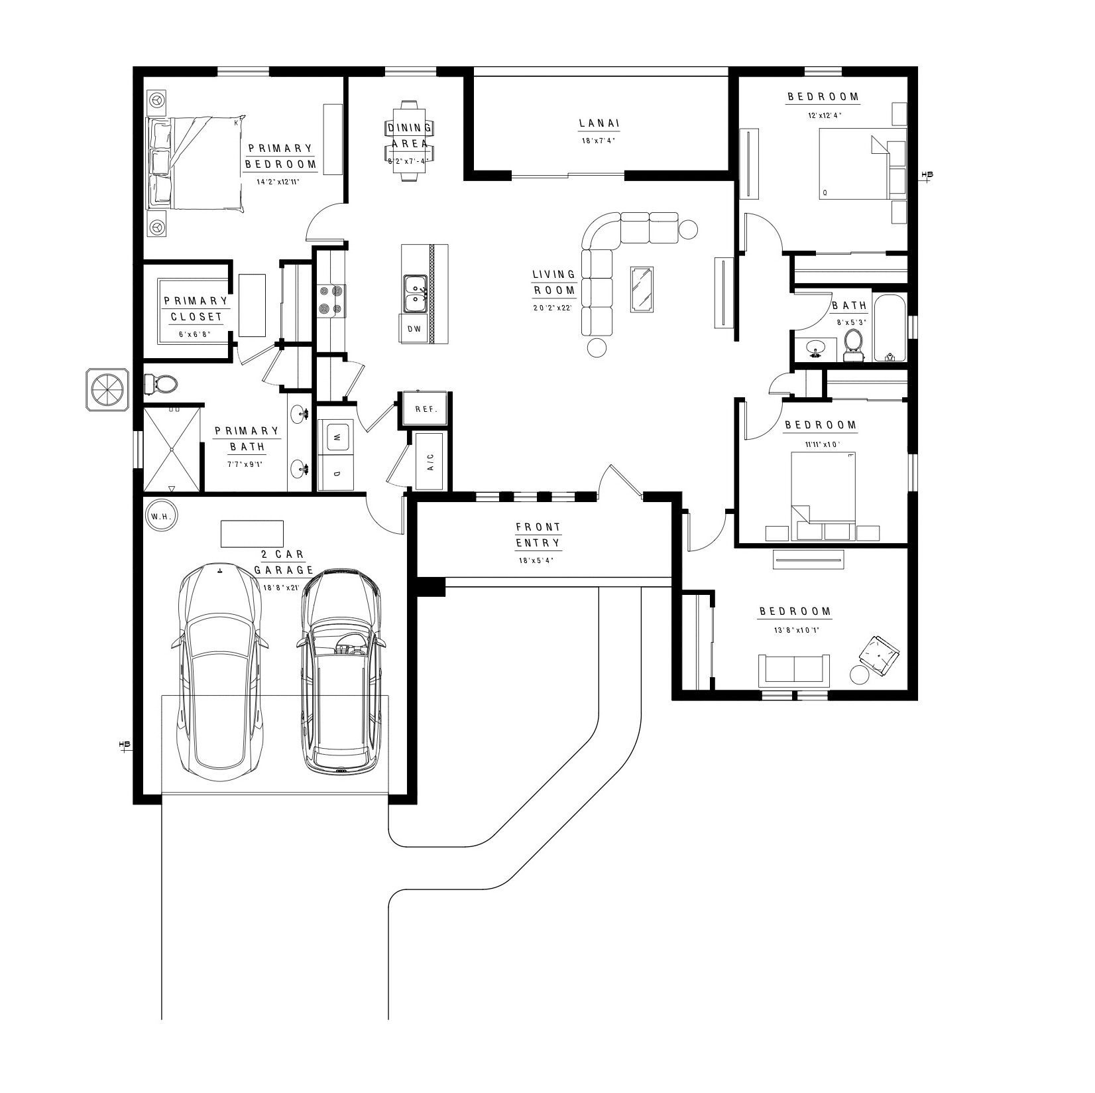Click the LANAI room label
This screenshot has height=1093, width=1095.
pyautogui.click(x=599, y=123)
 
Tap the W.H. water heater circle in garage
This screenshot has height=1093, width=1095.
pyautogui.click(x=161, y=516)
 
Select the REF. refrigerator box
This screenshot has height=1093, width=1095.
pyautogui.click(x=426, y=409)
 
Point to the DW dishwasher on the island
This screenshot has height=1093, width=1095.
pyautogui.click(x=414, y=329)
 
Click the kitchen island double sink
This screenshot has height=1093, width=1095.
pyautogui.click(x=416, y=294)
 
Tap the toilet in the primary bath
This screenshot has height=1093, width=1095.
pyautogui.click(x=160, y=383)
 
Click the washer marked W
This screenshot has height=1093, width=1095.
pyautogui.click(x=336, y=438)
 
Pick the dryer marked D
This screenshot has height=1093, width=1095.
pyautogui.click(x=336, y=474)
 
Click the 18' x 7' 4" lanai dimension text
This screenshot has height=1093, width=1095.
pyautogui.click(x=599, y=141)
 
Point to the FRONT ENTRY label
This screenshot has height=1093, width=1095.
pyautogui.click(x=538, y=535)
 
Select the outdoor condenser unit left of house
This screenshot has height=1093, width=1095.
pyautogui.click(x=107, y=389)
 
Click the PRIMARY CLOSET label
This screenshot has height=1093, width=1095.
pyautogui.click(x=196, y=309)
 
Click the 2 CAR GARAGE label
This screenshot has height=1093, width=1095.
pyautogui.click(x=284, y=562)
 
